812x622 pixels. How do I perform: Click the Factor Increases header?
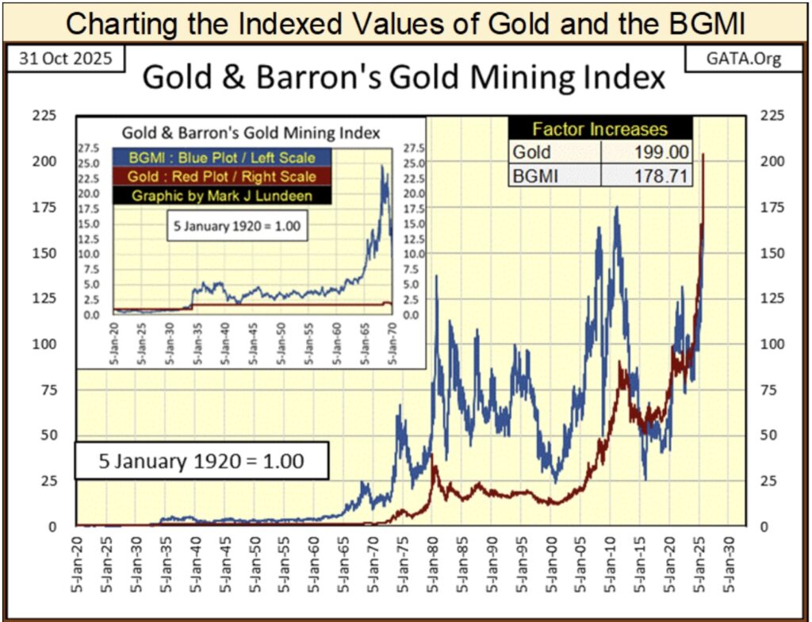[x=599, y=129]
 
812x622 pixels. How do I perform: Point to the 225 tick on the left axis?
[x=49, y=116]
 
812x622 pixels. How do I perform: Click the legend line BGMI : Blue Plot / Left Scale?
[x=214, y=158]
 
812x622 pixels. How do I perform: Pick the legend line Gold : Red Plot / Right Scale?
[x=214, y=176]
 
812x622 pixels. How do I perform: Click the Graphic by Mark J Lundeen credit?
[x=214, y=195]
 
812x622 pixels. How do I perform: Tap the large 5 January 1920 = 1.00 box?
[x=201, y=460]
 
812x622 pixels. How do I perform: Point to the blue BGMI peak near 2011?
[x=616, y=208]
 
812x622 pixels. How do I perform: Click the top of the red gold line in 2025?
[x=703, y=155]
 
